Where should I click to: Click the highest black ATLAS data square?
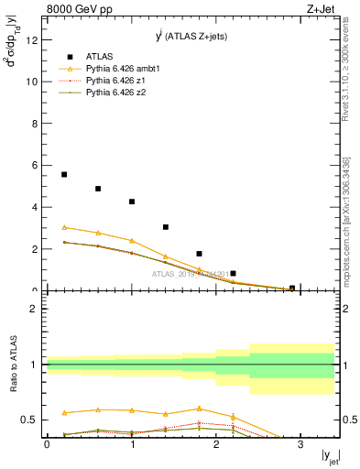(64, 174)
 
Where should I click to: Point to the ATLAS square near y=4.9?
(98, 189)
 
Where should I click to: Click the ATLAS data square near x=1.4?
(166, 227)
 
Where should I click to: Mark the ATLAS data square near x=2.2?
(234, 273)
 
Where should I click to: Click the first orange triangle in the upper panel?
(64, 227)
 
